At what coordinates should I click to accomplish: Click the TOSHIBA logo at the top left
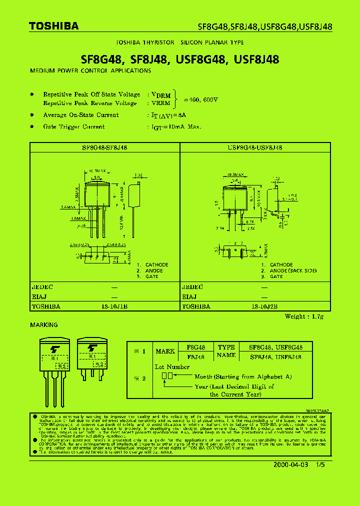tap(54, 26)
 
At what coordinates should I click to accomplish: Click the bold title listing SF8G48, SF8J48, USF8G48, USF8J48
tap(180, 59)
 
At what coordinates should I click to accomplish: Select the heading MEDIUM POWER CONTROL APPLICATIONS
tap(90, 71)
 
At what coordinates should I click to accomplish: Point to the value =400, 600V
tap(201, 99)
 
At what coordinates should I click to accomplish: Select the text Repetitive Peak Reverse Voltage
tap(89, 103)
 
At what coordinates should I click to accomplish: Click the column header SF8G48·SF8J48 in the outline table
tap(104, 147)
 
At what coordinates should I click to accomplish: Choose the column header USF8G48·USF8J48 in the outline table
tap(254, 147)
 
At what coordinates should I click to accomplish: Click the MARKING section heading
tap(44, 325)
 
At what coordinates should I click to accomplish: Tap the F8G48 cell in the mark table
tap(195, 347)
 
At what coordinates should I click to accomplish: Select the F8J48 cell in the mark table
tap(195, 357)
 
